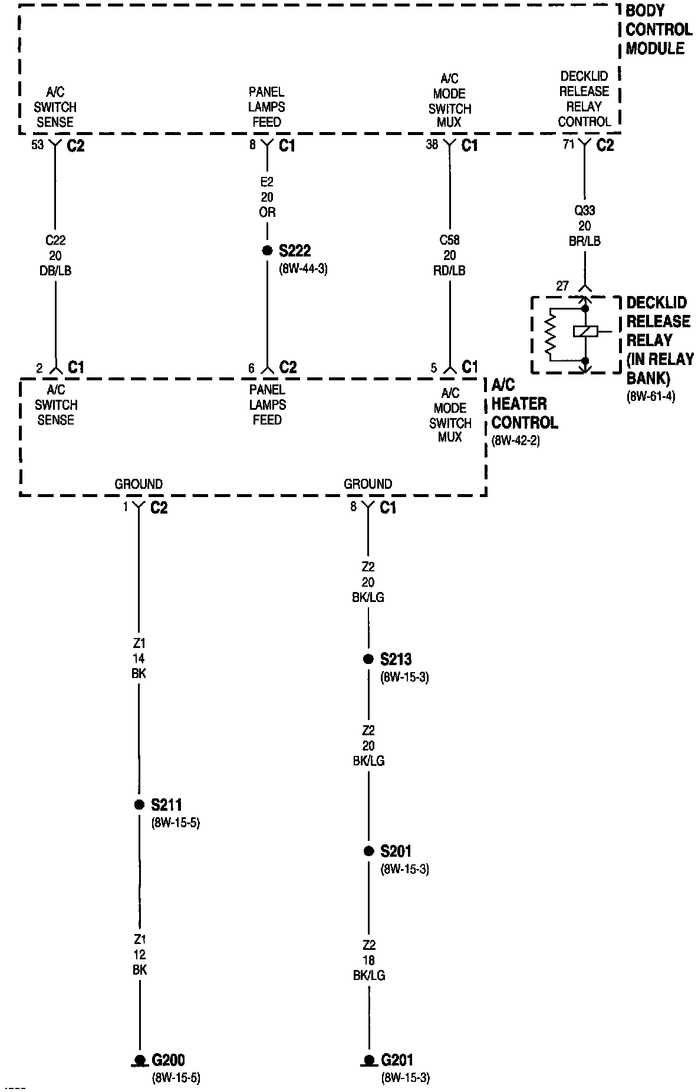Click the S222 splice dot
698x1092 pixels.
click(267, 251)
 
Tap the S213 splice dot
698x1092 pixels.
click(368, 659)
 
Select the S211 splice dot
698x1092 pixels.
click(139, 805)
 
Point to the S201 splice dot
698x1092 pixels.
click(368, 851)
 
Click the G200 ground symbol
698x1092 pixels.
click(140, 1060)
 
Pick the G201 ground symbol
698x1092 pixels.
click(369, 1060)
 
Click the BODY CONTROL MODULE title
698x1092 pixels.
click(659, 29)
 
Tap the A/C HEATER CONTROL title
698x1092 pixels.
click(524, 404)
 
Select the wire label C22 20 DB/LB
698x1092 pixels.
click(55, 255)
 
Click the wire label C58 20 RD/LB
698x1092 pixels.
click(450, 255)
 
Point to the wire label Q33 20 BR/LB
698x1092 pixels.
click(584, 226)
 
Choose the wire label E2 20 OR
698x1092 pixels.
click(267, 197)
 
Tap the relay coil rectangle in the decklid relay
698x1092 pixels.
click(585, 331)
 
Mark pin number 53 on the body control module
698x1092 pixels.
click(38, 144)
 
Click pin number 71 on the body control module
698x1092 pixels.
click(568, 144)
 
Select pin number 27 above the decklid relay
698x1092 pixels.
click(562, 286)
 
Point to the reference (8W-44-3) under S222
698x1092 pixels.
click(303, 269)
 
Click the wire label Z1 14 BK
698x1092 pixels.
click(139, 658)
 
